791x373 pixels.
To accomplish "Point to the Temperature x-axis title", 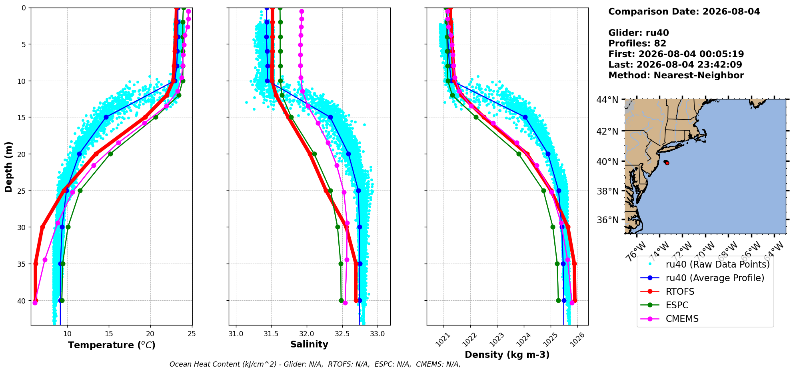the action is click(x=112, y=345).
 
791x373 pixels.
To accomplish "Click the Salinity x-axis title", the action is click(x=309, y=344).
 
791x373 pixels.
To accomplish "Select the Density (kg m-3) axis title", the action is click(x=507, y=355).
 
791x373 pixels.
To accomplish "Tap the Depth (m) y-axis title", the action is click(x=9, y=167).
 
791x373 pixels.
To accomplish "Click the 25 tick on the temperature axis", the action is click(x=192, y=333).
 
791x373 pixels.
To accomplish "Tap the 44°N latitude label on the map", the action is click(x=607, y=100).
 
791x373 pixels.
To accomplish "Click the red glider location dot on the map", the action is click(x=667, y=163).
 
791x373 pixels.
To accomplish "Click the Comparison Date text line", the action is click(x=684, y=12).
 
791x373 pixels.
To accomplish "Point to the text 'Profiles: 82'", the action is click(x=637, y=44).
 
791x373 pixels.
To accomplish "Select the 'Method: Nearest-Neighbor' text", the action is click(x=676, y=75).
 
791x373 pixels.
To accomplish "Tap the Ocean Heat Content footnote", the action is click(x=315, y=364).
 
